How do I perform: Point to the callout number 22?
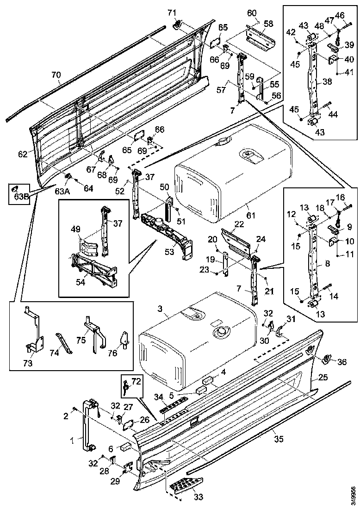tap(239, 223)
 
